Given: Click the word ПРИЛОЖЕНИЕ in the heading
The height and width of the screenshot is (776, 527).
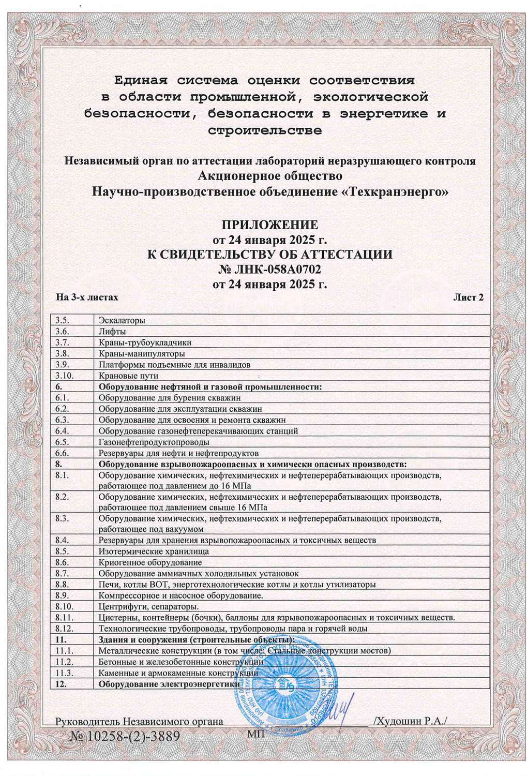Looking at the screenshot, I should tap(269, 225).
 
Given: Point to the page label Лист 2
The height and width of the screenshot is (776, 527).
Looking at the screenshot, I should tap(468, 297).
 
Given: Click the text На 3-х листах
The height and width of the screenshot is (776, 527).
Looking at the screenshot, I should tap(87, 297).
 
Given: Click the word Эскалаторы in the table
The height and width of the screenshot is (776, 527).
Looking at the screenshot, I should tap(122, 320).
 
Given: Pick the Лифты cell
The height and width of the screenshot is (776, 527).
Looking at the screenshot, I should tap(112, 332).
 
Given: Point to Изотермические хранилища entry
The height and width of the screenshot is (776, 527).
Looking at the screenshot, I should tap(146, 551).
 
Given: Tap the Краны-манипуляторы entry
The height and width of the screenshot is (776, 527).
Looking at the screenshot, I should tap(142, 354).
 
